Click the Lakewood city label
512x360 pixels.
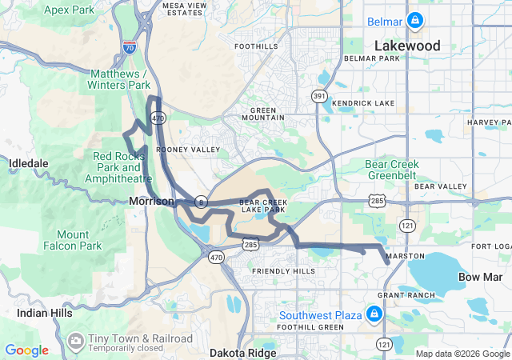(407, 46)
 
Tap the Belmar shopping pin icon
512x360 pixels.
(415, 20)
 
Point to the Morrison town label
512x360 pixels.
(151, 201)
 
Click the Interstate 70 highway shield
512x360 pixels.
(130, 49)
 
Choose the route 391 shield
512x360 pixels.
(319, 96)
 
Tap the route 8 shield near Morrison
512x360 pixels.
(202, 200)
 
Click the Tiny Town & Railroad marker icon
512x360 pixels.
(76, 341)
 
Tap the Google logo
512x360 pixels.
(26, 350)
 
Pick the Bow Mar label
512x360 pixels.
(480, 277)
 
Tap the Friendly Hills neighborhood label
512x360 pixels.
(283, 271)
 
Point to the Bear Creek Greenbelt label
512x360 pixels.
(392, 169)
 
